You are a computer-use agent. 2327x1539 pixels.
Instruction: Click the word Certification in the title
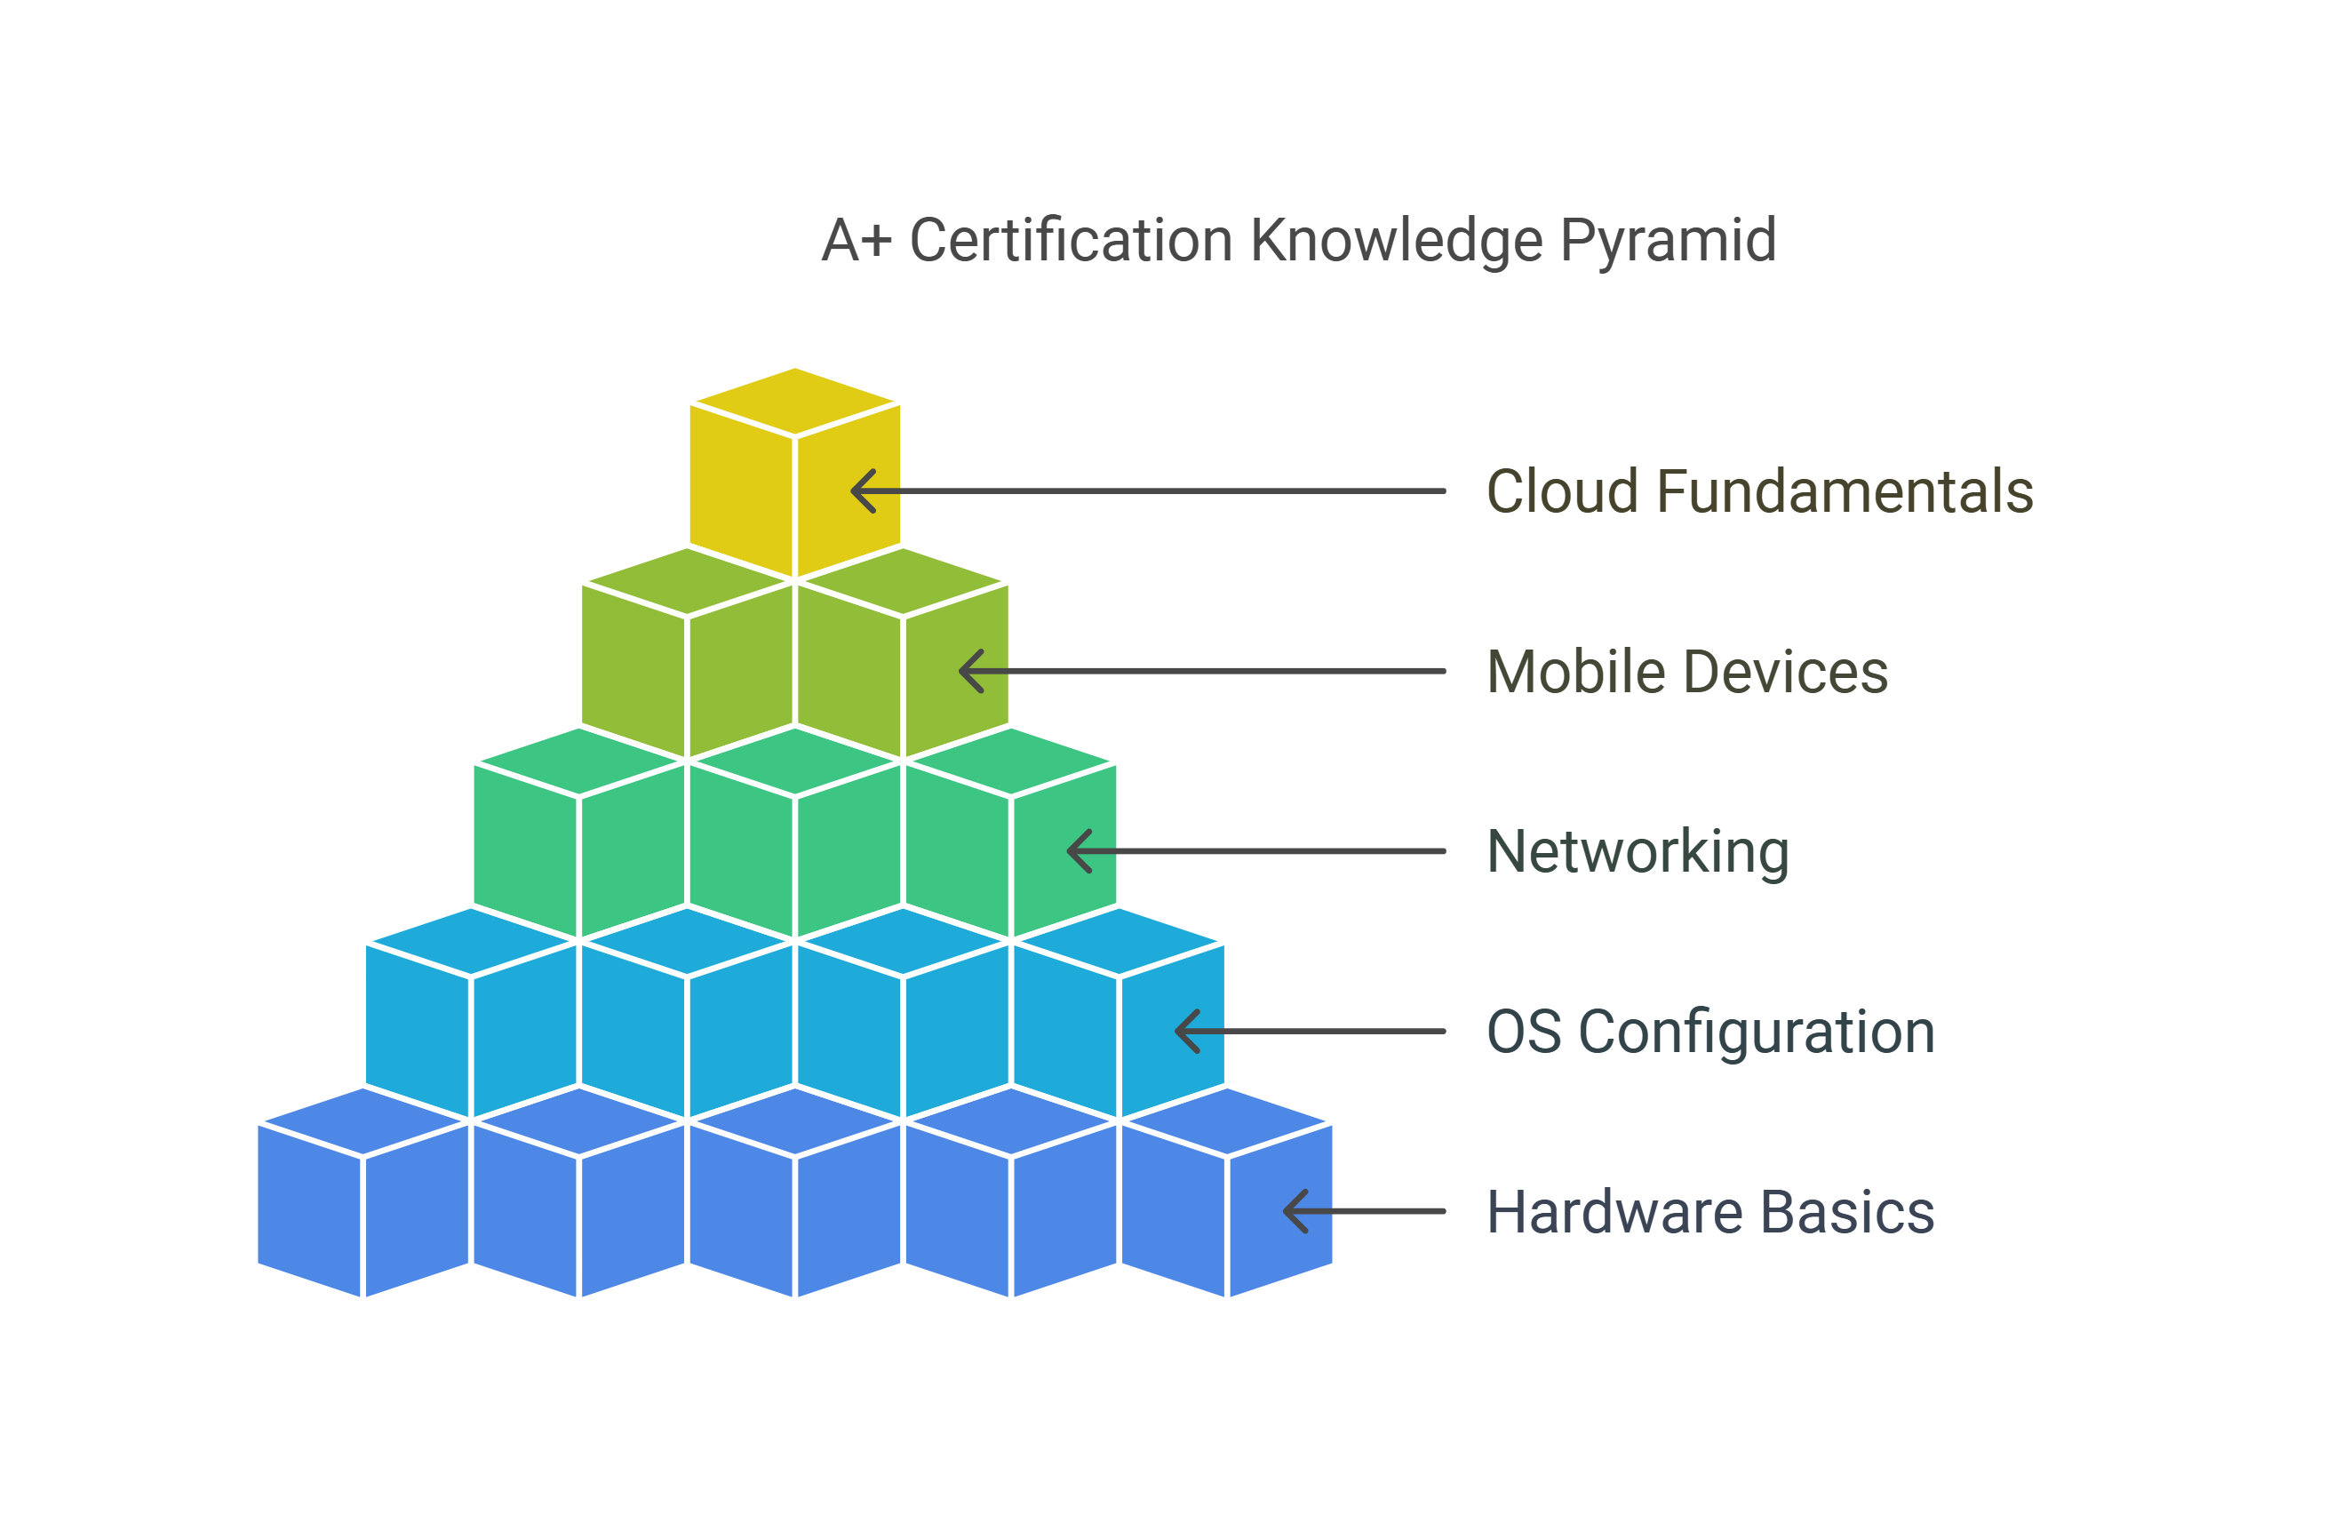1071,241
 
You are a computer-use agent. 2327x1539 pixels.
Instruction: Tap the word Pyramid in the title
1668,243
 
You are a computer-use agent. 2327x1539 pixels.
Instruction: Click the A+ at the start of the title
856,241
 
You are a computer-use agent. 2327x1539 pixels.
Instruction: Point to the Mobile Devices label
1687,673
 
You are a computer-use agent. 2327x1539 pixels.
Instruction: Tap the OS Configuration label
1710,1033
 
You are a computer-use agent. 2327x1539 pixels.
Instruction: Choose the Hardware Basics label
1710,1212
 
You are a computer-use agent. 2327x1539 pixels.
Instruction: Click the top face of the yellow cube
795,402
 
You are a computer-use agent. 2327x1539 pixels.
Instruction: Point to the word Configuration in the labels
1757,1033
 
